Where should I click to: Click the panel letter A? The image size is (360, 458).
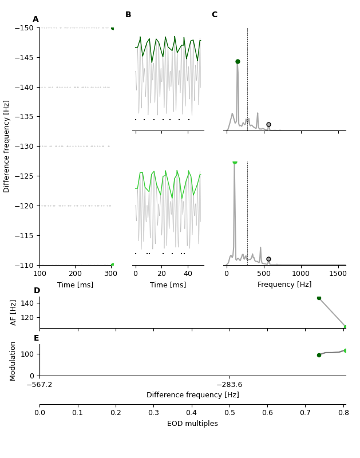(35, 19)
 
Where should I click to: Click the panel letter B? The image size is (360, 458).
(128, 15)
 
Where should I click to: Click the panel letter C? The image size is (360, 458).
(214, 15)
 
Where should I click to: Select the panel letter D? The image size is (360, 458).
(37, 291)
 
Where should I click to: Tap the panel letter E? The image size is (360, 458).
(37, 338)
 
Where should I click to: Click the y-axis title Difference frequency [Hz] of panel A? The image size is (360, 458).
(7, 146)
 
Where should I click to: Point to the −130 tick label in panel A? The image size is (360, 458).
(25, 146)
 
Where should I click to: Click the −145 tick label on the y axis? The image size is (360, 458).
(25, 57)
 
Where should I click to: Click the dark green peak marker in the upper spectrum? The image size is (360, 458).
(238, 61)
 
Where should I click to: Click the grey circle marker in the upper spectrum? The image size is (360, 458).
(268, 124)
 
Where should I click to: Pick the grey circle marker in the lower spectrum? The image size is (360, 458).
(268, 259)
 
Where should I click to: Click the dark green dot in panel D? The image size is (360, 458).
(319, 298)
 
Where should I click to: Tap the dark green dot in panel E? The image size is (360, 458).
(319, 355)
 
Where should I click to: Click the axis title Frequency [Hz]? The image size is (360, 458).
(284, 285)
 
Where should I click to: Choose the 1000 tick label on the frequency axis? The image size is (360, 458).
(301, 274)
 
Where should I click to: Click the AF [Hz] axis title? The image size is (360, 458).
(14, 312)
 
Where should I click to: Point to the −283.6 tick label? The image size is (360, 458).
(229, 385)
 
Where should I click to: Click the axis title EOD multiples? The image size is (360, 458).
(192, 424)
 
